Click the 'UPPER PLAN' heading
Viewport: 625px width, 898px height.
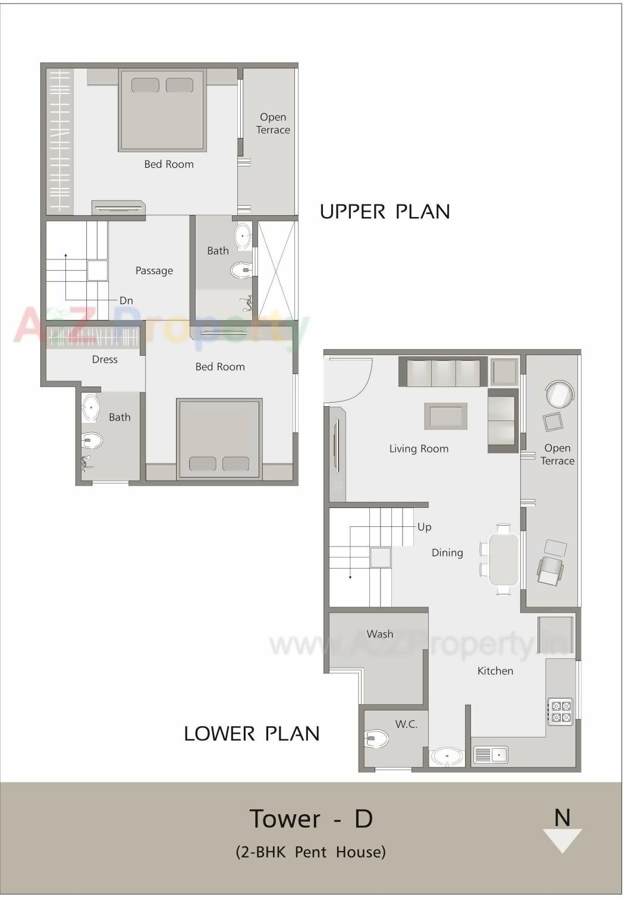(385, 212)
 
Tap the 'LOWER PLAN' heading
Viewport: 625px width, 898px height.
(252, 733)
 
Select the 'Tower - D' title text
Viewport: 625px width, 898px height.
(311, 819)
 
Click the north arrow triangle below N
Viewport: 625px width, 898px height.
(562, 840)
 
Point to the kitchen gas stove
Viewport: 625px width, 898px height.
(561, 712)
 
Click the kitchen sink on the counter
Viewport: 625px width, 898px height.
(491, 755)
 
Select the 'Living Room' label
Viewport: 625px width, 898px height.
(419, 449)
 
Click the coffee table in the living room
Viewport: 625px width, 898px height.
(445, 416)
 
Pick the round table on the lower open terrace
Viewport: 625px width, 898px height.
(560, 394)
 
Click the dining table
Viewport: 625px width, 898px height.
(503, 559)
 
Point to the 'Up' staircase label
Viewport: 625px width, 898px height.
(424, 527)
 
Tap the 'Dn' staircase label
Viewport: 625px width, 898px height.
(126, 301)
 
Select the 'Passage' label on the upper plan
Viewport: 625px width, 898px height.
(154, 271)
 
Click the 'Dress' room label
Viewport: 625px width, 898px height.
(105, 360)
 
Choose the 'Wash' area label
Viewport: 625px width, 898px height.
(379, 634)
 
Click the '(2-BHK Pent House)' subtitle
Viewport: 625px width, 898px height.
(311, 852)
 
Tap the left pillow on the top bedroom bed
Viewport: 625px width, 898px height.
(145, 85)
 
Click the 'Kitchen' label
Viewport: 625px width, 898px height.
(495, 671)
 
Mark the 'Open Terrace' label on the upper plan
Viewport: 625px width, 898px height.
(273, 124)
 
